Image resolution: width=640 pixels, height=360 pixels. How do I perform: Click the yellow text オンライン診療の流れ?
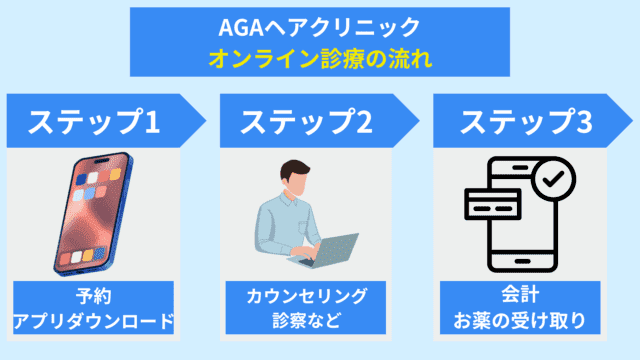(320, 58)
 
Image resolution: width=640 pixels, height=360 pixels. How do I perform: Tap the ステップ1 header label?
(94, 123)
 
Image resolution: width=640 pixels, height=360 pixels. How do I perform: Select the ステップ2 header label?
(307, 123)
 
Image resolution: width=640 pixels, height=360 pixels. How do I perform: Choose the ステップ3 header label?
(525, 123)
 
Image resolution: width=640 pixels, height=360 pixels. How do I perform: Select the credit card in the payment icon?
(494, 204)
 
